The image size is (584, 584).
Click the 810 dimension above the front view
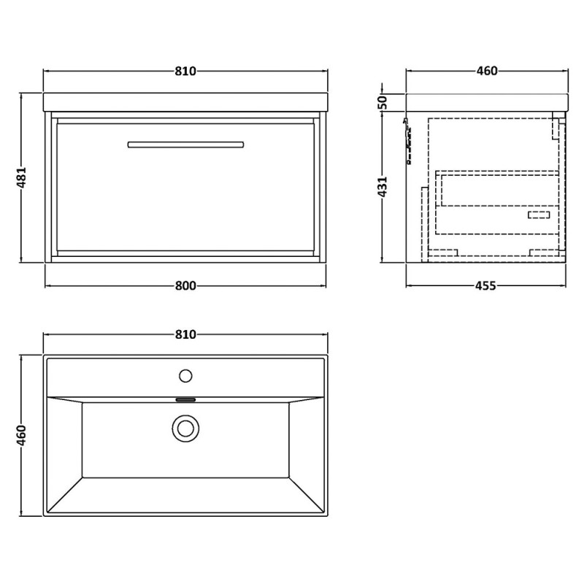point(185,71)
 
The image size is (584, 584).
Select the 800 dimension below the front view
point(185,285)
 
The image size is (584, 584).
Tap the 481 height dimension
point(22,177)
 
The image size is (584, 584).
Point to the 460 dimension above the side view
point(487,71)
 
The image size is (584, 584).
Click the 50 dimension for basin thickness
point(383,102)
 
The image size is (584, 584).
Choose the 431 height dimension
point(383,186)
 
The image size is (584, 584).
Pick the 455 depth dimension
point(485,285)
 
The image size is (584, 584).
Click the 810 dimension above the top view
point(185,334)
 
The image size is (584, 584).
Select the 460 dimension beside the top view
point(22,435)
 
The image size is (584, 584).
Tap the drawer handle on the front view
point(185,145)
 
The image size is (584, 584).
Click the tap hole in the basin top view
point(185,376)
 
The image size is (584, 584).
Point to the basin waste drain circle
point(185,429)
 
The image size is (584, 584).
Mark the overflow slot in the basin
point(185,400)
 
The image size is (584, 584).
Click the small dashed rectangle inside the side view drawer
point(539,215)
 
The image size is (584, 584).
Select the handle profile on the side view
point(408,141)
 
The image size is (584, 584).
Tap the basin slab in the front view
point(185,102)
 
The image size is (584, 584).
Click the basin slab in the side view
point(487,102)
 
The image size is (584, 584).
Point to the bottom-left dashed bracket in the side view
point(443,253)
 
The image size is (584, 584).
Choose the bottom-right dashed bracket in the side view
point(544,253)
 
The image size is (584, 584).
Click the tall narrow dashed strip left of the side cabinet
point(425,225)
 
